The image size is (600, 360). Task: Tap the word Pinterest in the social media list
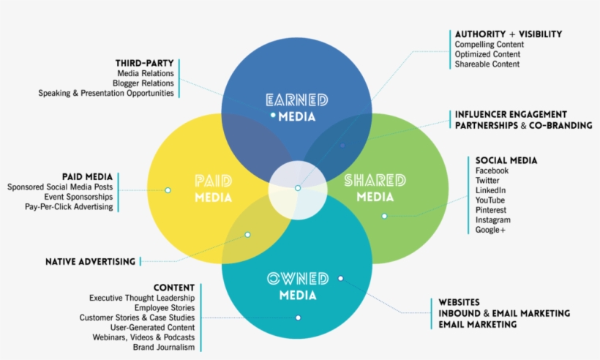coord(492,210)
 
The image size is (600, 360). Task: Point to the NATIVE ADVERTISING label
coord(90,261)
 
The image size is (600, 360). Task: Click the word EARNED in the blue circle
coord(297,100)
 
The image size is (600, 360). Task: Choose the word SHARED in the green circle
coord(375,180)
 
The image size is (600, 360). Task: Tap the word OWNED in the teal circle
coord(297,279)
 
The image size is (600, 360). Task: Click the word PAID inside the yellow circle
coord(214,180)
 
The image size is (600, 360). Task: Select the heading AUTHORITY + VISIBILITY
coord(508,34)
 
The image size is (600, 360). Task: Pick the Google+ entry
coord(490,230)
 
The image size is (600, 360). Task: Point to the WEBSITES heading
coord(459,302)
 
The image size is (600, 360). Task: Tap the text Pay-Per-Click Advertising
coord(69,207)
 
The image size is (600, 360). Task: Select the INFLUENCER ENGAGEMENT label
coord(511,114)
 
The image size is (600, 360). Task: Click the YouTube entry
coord(490,200)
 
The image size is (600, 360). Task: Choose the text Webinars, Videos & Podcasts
coord(143,337)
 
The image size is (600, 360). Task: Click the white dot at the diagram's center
coord(298,188)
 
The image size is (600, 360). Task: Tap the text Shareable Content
coord(487,64)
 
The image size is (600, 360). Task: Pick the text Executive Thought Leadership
coord(142,298)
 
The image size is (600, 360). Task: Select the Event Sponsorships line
coord(78,197)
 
